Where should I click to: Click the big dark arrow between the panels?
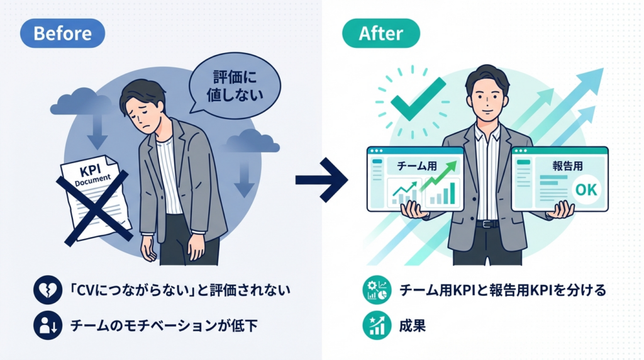(321, 180)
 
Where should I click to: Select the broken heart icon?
(48, 291)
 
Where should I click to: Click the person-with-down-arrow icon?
(48, 325)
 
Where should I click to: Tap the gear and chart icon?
(375, 291)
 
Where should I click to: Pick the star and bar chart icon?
(375, 325)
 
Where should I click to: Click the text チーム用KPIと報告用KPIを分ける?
(502, 291)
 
